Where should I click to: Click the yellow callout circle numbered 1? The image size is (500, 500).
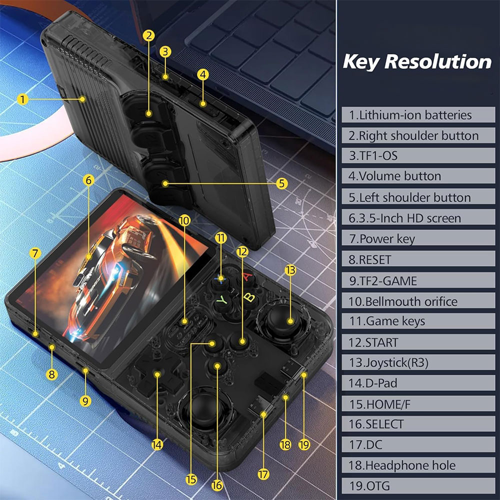coord(22,99)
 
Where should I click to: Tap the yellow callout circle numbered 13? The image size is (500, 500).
coord(290,270)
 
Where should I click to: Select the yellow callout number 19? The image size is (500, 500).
coord(304,444)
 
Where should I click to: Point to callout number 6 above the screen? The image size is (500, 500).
coord(88,180)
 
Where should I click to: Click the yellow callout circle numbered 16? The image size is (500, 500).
coord(217,485)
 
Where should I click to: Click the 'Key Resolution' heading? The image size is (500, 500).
coord(417,61)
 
